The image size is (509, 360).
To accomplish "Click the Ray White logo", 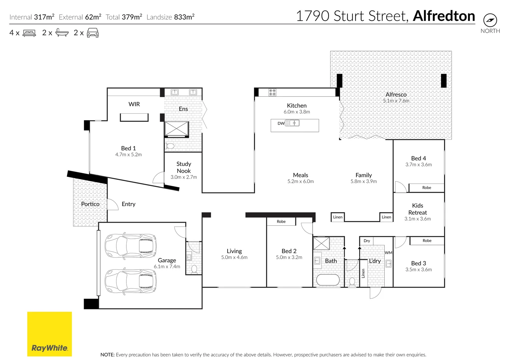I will click(x=49, y=334).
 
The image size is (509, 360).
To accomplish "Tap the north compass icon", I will click(x=490, y=20).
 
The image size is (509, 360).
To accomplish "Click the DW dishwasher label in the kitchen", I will click(x=281, y=123).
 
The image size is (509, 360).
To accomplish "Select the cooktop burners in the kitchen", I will click(x=272, y=92).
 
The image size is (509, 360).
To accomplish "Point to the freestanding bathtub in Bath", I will click(x=328, y=280).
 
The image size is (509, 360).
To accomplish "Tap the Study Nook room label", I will click(x=184, y=167).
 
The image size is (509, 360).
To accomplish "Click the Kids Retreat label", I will click(x=417, y=209).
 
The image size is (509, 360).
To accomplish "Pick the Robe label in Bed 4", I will click(x=426, y=188).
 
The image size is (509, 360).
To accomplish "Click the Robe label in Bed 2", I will click(x=281, y=222).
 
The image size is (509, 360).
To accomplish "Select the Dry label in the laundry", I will click(x=367, y=241).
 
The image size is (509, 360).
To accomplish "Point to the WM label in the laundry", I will click(x=388, y=253).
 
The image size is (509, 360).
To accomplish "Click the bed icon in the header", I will click(x=29, y=33).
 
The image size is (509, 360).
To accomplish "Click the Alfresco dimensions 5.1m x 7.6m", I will click(x=396, y=101).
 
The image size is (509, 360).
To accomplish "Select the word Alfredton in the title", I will click(x=444, y=16).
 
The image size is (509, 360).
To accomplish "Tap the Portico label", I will click(x=90, y=204).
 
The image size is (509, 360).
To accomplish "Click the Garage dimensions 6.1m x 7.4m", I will click(x=167, y=267).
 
